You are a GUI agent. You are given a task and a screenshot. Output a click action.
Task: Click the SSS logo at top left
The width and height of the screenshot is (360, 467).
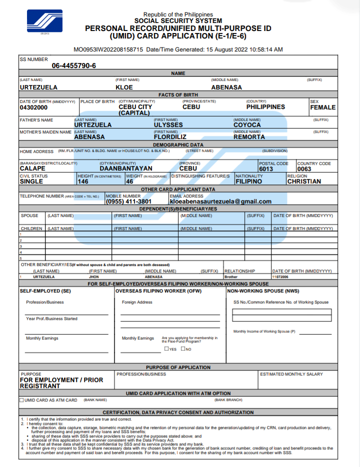[45, 21]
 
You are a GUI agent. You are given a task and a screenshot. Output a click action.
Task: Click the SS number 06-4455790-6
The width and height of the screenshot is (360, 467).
[74, 66]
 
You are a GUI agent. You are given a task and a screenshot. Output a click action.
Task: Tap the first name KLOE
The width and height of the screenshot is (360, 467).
[124, 87]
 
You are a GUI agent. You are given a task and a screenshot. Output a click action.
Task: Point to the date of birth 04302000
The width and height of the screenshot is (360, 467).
[33, 107]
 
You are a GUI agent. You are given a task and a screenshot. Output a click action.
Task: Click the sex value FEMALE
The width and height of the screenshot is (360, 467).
[322, 107]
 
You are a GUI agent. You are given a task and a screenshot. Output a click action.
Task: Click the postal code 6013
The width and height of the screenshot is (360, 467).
[266, 169]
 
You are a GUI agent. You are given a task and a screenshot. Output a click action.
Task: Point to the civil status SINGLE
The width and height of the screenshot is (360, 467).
[31, 181]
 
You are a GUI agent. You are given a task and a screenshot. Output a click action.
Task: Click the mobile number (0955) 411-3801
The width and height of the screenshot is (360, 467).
[128, 201]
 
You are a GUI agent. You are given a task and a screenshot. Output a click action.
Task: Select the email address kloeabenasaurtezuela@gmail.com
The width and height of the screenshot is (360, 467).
[220, 201]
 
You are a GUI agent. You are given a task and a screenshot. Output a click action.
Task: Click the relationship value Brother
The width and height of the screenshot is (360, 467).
[231, 276]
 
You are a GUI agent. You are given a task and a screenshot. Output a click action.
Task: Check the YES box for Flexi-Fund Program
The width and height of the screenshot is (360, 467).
[166, 349]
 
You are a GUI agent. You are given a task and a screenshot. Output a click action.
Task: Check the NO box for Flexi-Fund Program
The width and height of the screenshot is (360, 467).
[183, 349]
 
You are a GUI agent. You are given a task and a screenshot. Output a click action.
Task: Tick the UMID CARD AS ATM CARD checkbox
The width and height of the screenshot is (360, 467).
[21, 400]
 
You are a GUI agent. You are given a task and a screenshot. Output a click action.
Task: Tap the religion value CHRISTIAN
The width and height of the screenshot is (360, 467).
[304, 181]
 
